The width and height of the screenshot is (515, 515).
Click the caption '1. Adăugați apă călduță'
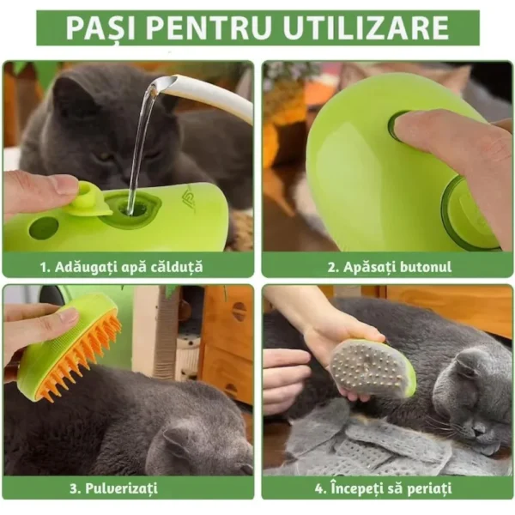click(x=128, y=266)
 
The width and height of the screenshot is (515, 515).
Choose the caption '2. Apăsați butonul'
click(x=388, y=266)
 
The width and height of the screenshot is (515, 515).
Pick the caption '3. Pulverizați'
click(x=128, y=488)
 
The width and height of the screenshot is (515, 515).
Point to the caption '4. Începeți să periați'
click(x=388, y=488)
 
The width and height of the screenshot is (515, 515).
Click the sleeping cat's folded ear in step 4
click(x=469, y=365)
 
